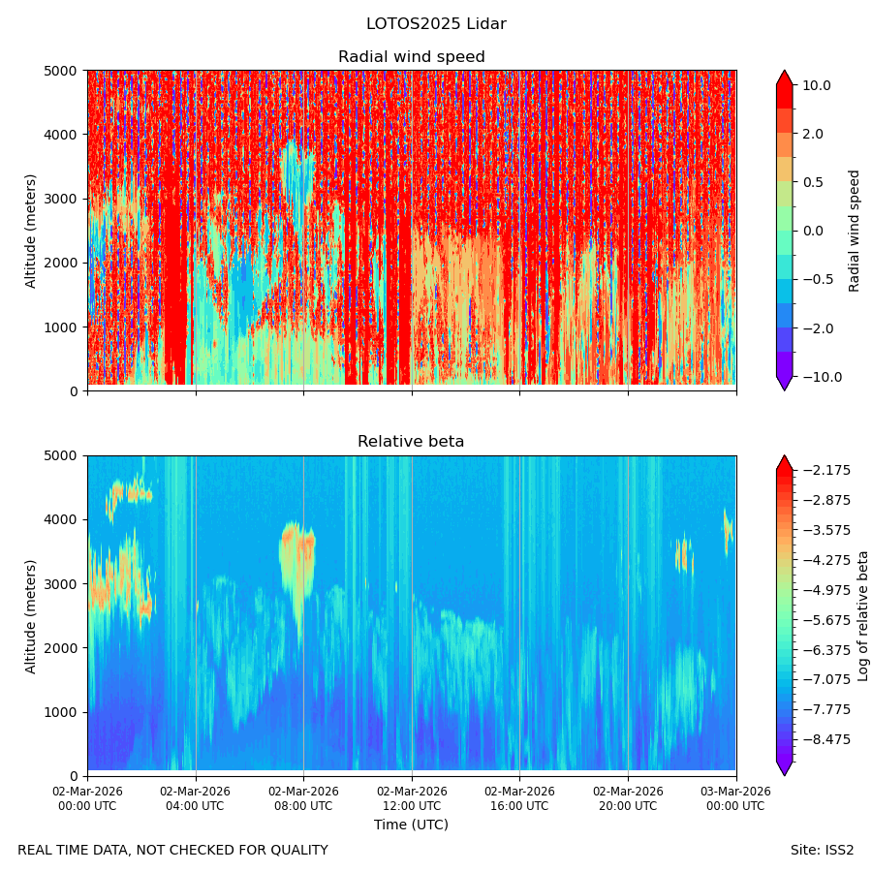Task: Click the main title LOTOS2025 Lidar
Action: [x=436, y=24]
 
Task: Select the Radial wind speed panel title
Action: [x=412, y=57]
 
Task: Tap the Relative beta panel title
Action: [x=411, y=442]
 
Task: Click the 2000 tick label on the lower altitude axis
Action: [x=61, y=648]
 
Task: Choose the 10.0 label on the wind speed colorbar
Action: [x=817, y=85]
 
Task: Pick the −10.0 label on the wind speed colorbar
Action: [x=823, y=377]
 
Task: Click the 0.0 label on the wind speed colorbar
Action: [x=813, y=231]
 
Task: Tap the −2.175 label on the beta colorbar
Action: [x=826, y=471]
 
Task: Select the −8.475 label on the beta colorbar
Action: [x=826, y=739]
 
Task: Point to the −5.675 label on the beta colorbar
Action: [x=826, y=620]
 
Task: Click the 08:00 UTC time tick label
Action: [x=303, y=798]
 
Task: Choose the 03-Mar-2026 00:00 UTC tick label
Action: [x=736, y=798]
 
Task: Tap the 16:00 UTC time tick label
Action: [x=519, y=798]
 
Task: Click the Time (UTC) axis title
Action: [x=411, y=825]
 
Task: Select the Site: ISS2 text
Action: [x=822, y=851]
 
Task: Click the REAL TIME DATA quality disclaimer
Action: [x=173, y=851]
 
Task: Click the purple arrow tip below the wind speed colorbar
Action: [x=785, y=389]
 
